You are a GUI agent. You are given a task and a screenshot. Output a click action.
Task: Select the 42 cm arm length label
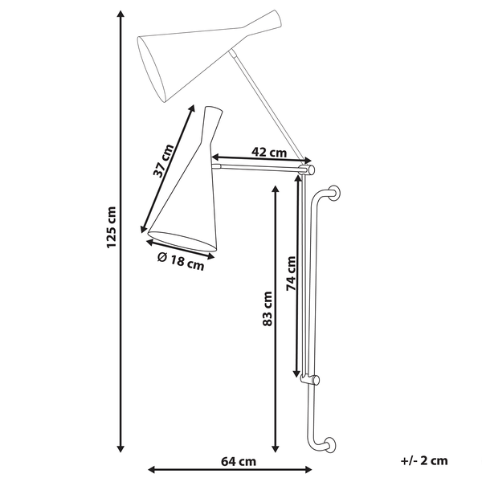pos(269,152)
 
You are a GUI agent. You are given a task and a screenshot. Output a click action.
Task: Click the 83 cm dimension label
pos(268,309)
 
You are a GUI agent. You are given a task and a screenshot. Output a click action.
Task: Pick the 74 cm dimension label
pos(292,273)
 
